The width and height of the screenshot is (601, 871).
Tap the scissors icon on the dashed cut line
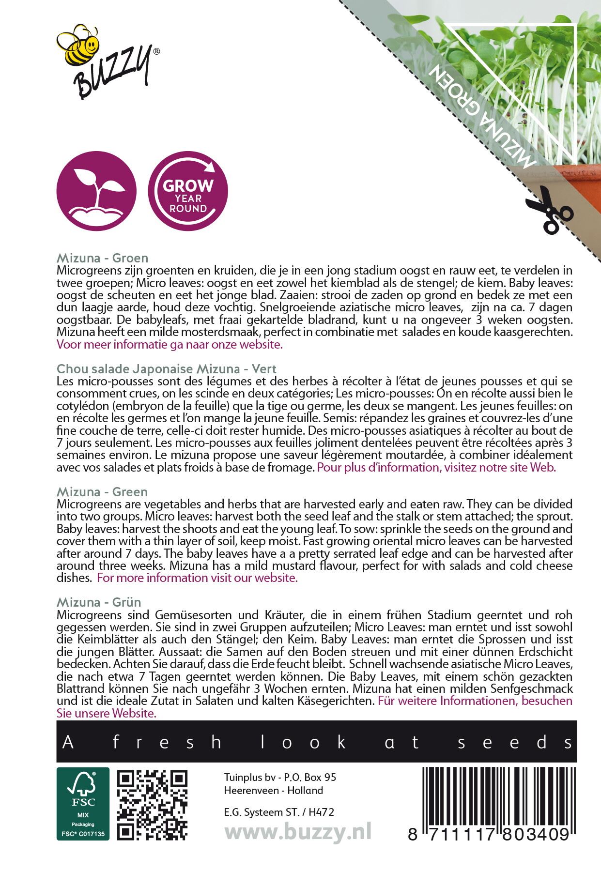tap(549, 211)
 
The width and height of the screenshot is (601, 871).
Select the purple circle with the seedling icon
tap(96, 191)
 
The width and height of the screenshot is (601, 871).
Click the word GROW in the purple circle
tap(187, 185)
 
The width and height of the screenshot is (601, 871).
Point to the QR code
tap(153, 805)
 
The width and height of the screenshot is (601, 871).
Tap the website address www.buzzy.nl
tap(298, 832)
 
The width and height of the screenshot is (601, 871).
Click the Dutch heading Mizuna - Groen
tap(102, 258)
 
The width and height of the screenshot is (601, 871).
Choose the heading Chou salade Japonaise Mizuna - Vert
tap(166, 369)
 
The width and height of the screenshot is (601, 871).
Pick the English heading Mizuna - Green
tap(102, 492)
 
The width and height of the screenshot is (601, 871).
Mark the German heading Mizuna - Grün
tap(99, 602)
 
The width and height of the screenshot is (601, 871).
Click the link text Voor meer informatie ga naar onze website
tap(170, 345)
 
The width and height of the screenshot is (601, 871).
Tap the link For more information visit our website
tap(197, 578)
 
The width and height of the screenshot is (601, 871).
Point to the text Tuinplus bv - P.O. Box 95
tap(280, 777)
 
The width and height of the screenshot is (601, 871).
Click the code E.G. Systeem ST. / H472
tap(279, 812)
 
